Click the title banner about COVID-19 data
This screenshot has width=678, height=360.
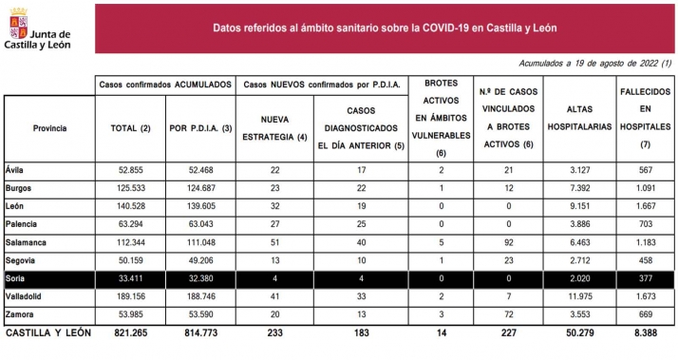point(384,28)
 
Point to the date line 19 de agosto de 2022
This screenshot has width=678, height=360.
point(595,63)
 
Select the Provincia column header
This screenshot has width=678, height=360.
point(49,126)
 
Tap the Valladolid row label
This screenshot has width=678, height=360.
point(25,298)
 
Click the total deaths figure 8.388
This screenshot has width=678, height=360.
point(646,333)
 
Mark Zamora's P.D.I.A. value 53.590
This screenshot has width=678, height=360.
point(199,314)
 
